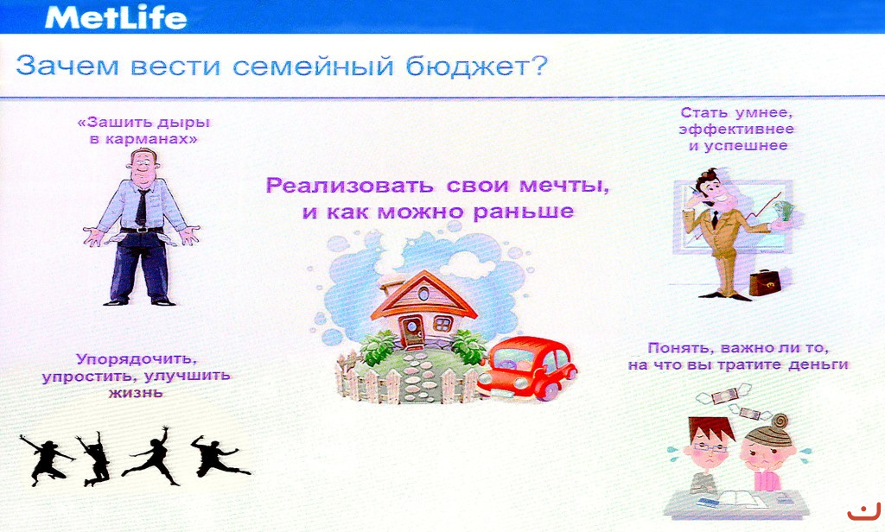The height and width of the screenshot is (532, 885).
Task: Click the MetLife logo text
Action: [x=116, y=17]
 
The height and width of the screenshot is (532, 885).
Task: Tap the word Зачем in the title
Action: [x=67, y=66]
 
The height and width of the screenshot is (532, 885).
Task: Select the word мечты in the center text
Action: [x=563, y=186]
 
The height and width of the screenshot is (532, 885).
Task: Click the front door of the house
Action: [x=411, y=329]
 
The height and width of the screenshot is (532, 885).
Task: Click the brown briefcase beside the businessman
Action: [x=766, y=282]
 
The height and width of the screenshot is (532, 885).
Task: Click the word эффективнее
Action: [x=736, y=130]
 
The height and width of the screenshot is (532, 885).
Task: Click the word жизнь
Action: [x=136, y=392]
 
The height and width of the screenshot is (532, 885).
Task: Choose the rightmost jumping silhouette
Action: [x=218, y=456]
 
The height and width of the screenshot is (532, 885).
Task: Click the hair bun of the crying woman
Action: [x=780, y=421]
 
